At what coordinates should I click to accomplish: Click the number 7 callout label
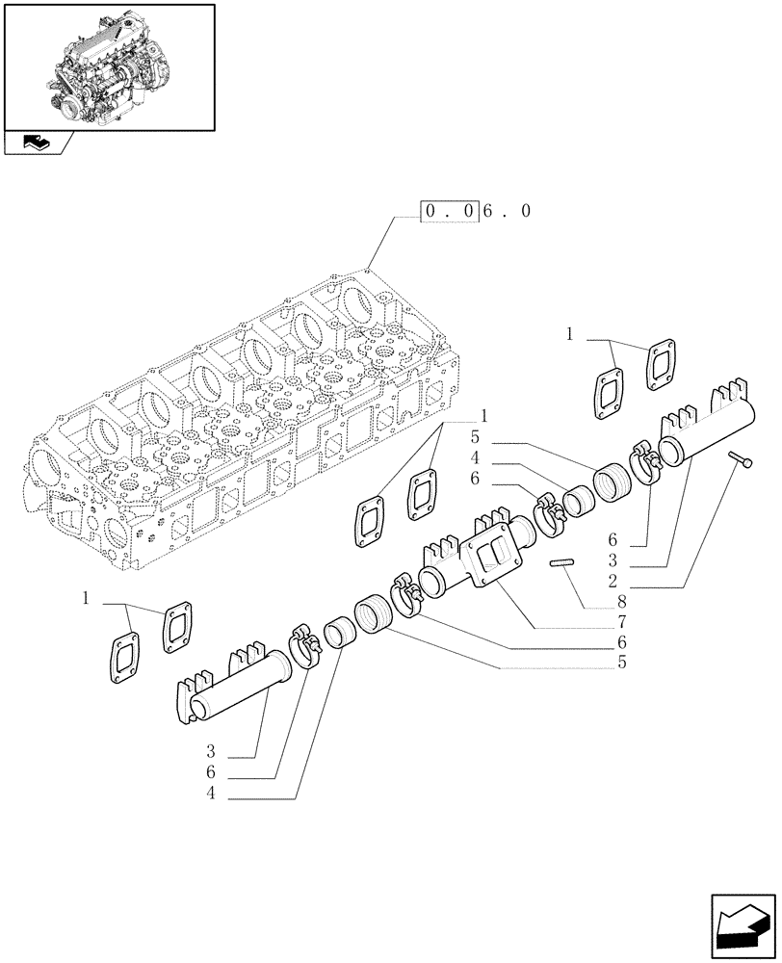(x=622, y=621)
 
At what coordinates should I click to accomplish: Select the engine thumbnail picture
(x=109, y=66)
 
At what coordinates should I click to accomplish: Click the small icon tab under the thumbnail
(x=38, y=143)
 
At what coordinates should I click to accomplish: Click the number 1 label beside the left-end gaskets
(x=87, y=599)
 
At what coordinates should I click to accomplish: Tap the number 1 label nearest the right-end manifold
(x=570, y=335)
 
